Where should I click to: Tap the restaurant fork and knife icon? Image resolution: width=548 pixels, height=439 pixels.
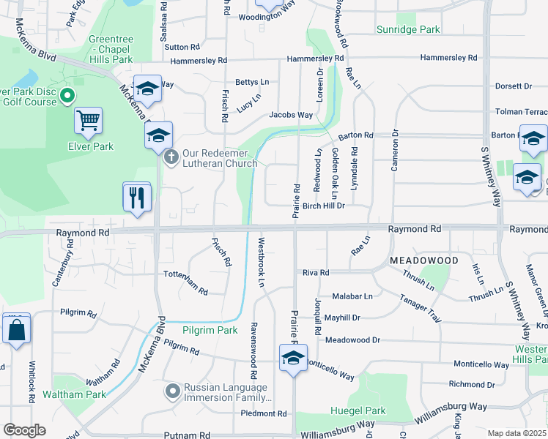click(137, 197)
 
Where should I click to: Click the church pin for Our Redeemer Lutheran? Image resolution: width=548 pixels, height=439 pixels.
click(171, 157)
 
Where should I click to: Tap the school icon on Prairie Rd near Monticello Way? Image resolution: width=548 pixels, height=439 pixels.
click(293, 358)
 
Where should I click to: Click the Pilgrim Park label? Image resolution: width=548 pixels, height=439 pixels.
click(210, 331)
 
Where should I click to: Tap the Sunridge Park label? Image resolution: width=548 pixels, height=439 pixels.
click(408, 29)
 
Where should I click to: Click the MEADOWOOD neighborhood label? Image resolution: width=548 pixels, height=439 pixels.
click(424, 260)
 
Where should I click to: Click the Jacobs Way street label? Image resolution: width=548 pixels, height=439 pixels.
click(291, 115)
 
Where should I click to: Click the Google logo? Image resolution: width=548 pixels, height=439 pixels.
click(24, 430)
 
